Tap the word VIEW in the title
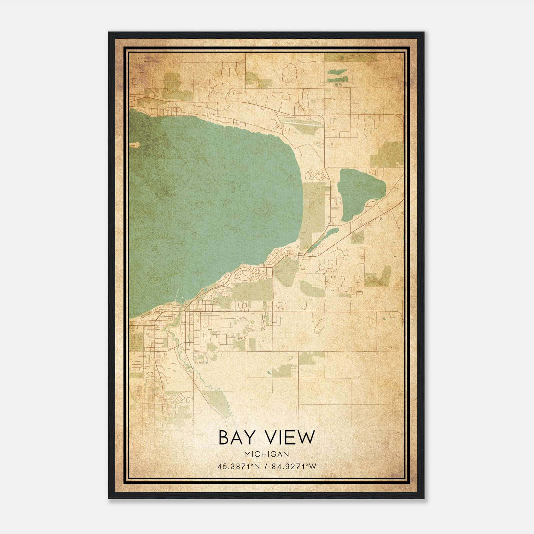289,438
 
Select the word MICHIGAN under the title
266,454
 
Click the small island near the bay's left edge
135,145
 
